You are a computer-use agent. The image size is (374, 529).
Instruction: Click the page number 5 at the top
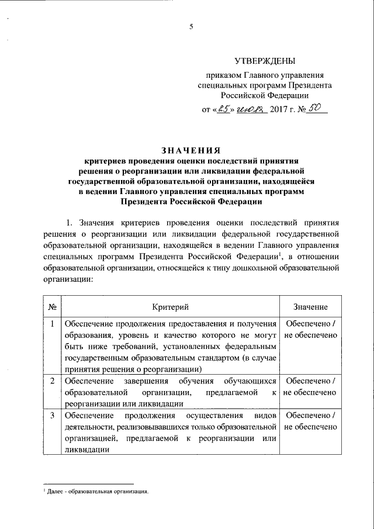coord(191,26)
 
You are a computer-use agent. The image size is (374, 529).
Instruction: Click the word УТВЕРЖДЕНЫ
coord(265,60)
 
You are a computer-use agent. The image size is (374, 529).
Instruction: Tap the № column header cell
coord(52,307)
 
